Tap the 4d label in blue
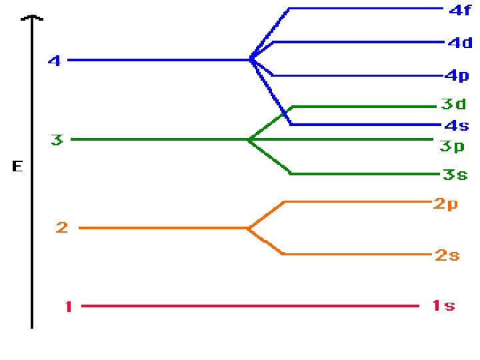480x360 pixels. click(x=460, y=43)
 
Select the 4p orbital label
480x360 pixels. click(x=457, y=76)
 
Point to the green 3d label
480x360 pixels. click(x=454, y=104)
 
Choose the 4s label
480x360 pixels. click(x=457, y=125)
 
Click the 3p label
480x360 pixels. click(x=451, y=146)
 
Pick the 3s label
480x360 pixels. click(x=455, y=175)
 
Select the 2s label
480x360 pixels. click(x=447, y=255)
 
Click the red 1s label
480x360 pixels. click(x=443, y=306)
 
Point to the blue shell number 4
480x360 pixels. click(x=55, y=61)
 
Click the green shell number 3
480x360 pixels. click(x=57, y=140)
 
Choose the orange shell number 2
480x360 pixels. click(x=62, y=228)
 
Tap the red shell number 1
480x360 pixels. click(x=68, y=307)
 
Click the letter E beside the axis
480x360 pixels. click(x=17, y=167)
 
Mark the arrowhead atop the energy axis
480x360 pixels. click(x=31, y=19)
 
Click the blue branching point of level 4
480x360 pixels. click(x=251, y=59)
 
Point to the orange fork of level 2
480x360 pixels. click(x=248, y=228)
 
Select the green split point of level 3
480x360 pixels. click(x=249, y=139)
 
